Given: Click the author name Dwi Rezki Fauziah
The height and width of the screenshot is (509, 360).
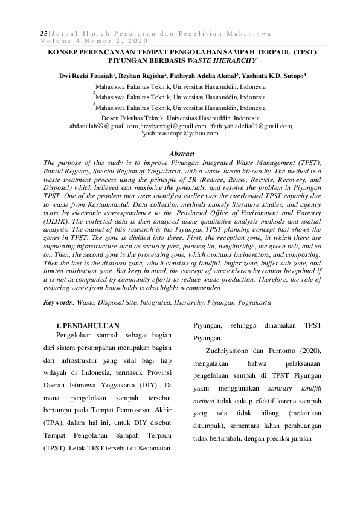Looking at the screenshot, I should (83, 76).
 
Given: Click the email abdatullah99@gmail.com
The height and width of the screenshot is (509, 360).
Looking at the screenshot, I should (103, 126).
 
